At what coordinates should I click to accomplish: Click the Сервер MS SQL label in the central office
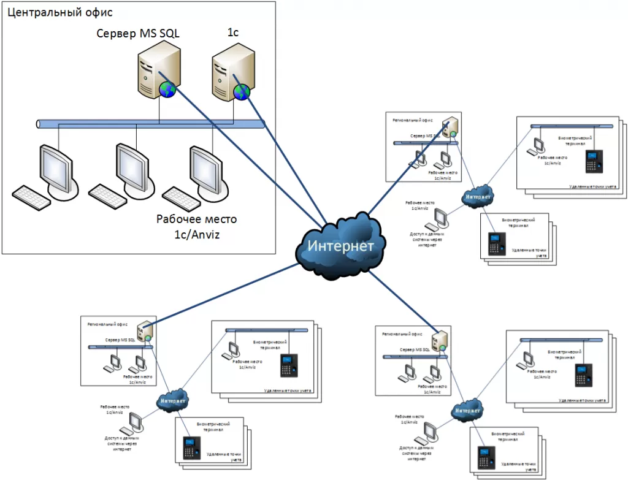[138, 34]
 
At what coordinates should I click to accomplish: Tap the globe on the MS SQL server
[167, 90]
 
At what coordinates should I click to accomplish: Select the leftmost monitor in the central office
[57, 167]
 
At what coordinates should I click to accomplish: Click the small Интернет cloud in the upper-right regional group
[479, 196]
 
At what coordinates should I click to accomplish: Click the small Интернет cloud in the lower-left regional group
[173, 402]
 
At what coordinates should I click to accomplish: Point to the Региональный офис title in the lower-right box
[402, 335]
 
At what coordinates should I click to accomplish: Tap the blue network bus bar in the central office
[150, 124]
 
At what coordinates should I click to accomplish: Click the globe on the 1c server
[240, 91]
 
